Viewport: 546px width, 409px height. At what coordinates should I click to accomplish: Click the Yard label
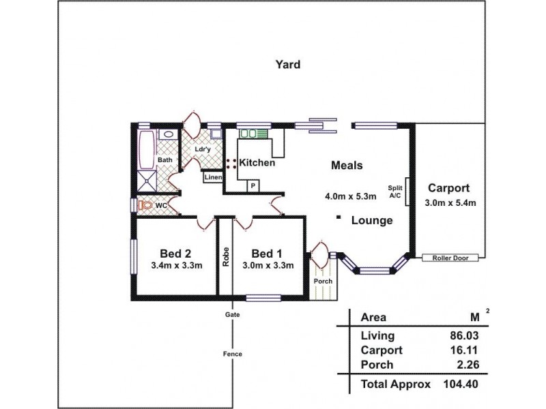(x=287, y=65)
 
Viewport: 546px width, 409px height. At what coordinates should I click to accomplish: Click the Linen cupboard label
(x=212, y=177)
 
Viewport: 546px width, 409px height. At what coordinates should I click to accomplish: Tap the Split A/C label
(x=394, y=192)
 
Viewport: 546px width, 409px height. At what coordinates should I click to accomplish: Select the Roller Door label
(x=448, y=258)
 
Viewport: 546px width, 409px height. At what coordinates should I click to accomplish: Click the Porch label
(x=322, y=281)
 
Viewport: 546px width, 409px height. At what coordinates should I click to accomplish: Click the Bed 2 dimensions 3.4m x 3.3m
(x=177, y=266)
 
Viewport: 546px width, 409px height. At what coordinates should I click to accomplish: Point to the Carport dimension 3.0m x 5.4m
(x=450, y=203)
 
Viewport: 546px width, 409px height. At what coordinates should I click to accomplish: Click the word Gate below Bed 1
(x=232, y=314)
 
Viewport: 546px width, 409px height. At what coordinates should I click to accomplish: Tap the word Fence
(x=232, y=354)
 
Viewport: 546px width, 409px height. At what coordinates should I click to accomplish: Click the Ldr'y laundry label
(x=201, y=149)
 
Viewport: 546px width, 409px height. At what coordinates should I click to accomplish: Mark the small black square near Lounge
(x=339, y=218)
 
